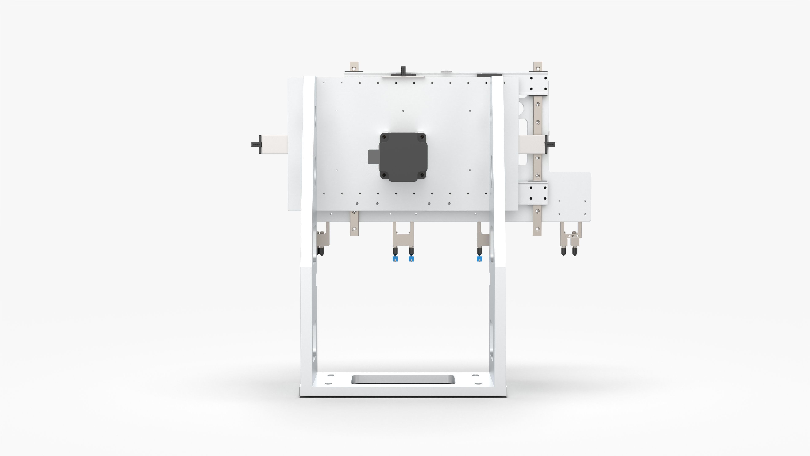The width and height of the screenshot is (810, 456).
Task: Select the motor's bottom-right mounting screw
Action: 422,175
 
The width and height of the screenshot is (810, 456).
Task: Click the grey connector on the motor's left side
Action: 373,157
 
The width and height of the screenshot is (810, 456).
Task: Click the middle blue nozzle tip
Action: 411,259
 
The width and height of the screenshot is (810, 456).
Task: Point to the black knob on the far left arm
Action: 255,144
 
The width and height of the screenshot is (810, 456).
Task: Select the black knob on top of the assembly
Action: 403,71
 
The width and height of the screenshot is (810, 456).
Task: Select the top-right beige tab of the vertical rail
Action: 538,67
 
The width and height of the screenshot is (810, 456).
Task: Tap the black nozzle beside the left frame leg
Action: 321,251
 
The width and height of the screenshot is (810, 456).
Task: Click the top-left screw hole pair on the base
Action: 330,375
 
